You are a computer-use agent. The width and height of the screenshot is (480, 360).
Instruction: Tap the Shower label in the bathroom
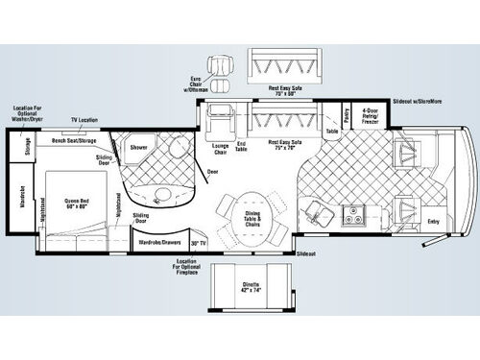[138, 148]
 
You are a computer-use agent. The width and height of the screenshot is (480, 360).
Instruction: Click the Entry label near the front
[434, 222]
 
